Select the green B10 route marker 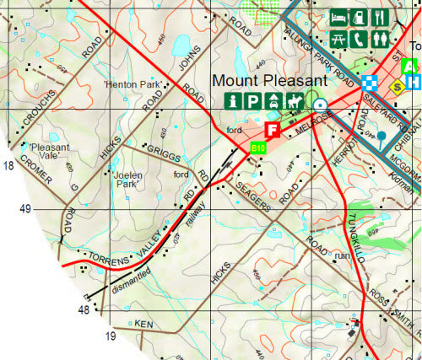(x=258, y=148)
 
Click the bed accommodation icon (x=338, y=17)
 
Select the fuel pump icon (x=358, y=17)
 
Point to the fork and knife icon (x=378, y=17)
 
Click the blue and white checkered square (x=368, y=82)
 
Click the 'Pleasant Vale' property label (x=42, y=152)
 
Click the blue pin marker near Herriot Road (x=381, y=137)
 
